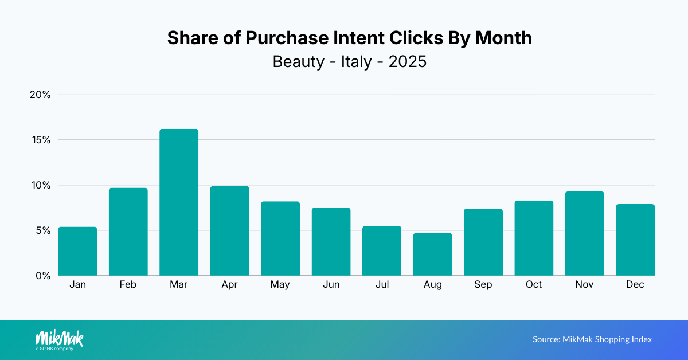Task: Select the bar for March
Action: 179,202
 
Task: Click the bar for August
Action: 432,255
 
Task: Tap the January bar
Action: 77,251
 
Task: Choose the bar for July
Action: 382,251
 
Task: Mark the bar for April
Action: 229,231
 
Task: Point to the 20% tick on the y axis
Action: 40,95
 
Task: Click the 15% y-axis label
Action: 40,140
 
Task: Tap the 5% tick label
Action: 42,230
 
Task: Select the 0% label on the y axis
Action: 42,276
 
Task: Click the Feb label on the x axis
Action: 128,285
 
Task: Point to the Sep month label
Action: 483,285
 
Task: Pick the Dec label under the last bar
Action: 635,285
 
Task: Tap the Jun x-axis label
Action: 331,285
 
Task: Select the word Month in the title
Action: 500,38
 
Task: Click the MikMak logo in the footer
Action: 59,339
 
